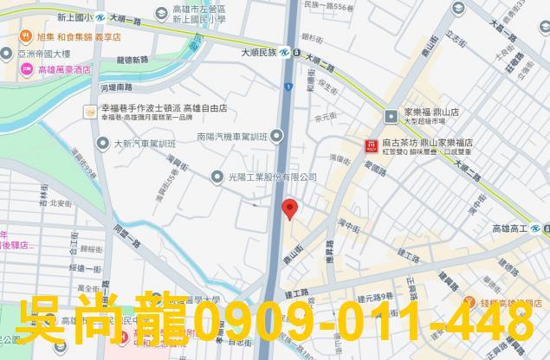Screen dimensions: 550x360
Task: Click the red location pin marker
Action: click(x=290, y=208)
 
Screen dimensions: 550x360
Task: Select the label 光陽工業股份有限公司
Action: click(x=270, y=177)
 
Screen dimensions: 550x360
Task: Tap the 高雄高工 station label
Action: click(x=510, y=228)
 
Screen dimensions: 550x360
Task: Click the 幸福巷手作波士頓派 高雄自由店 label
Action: click(x=164, y=110)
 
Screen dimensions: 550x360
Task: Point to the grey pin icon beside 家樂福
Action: click(x=391, y=113)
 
